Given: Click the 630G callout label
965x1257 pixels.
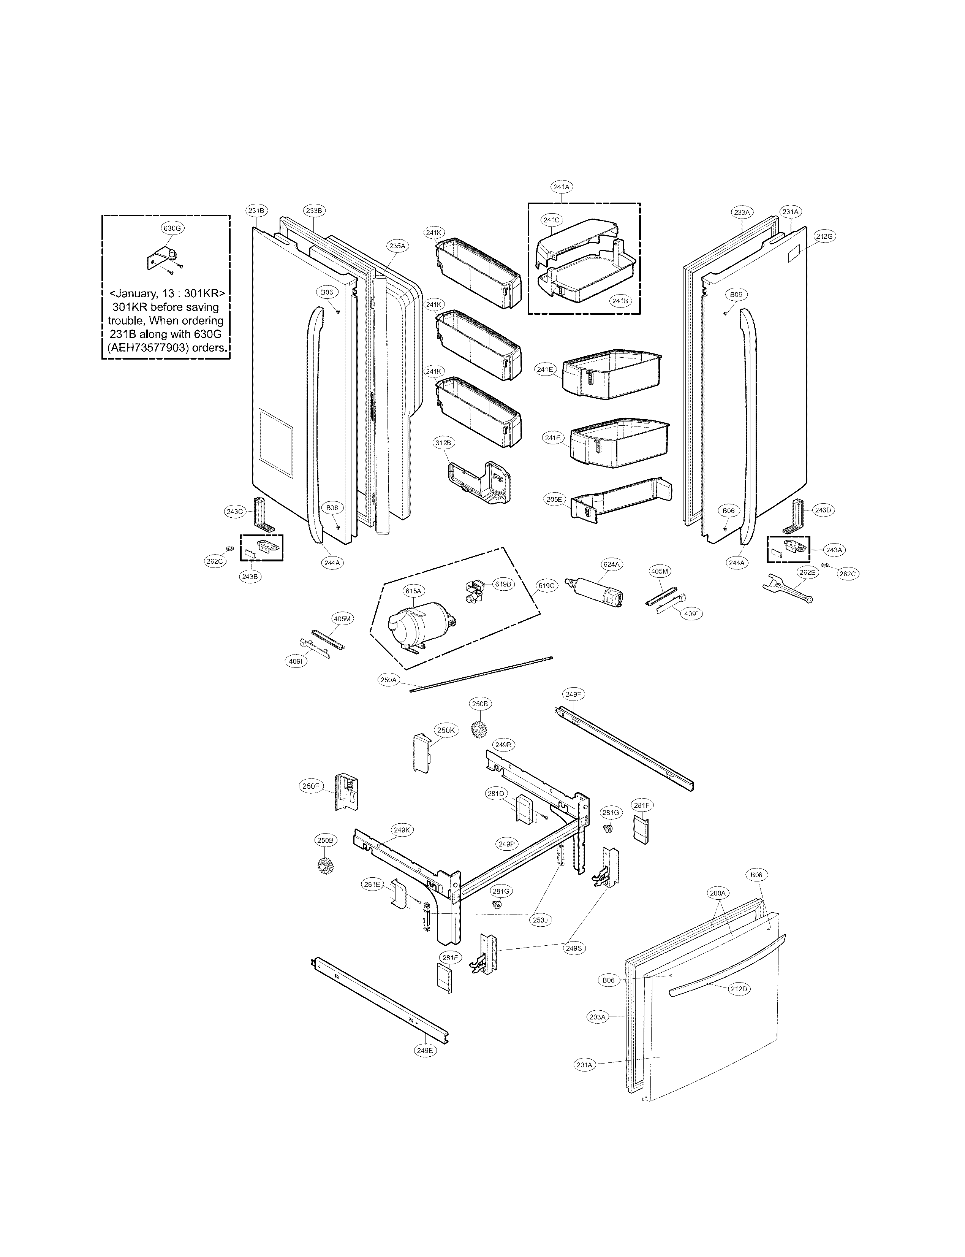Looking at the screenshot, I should tap(172, 228).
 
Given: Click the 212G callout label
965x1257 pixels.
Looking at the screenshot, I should tap(824, 236).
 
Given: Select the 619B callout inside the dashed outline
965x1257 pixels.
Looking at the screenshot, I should tap(503, 584).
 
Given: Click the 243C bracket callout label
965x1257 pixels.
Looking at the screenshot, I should tap(235, 511).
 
